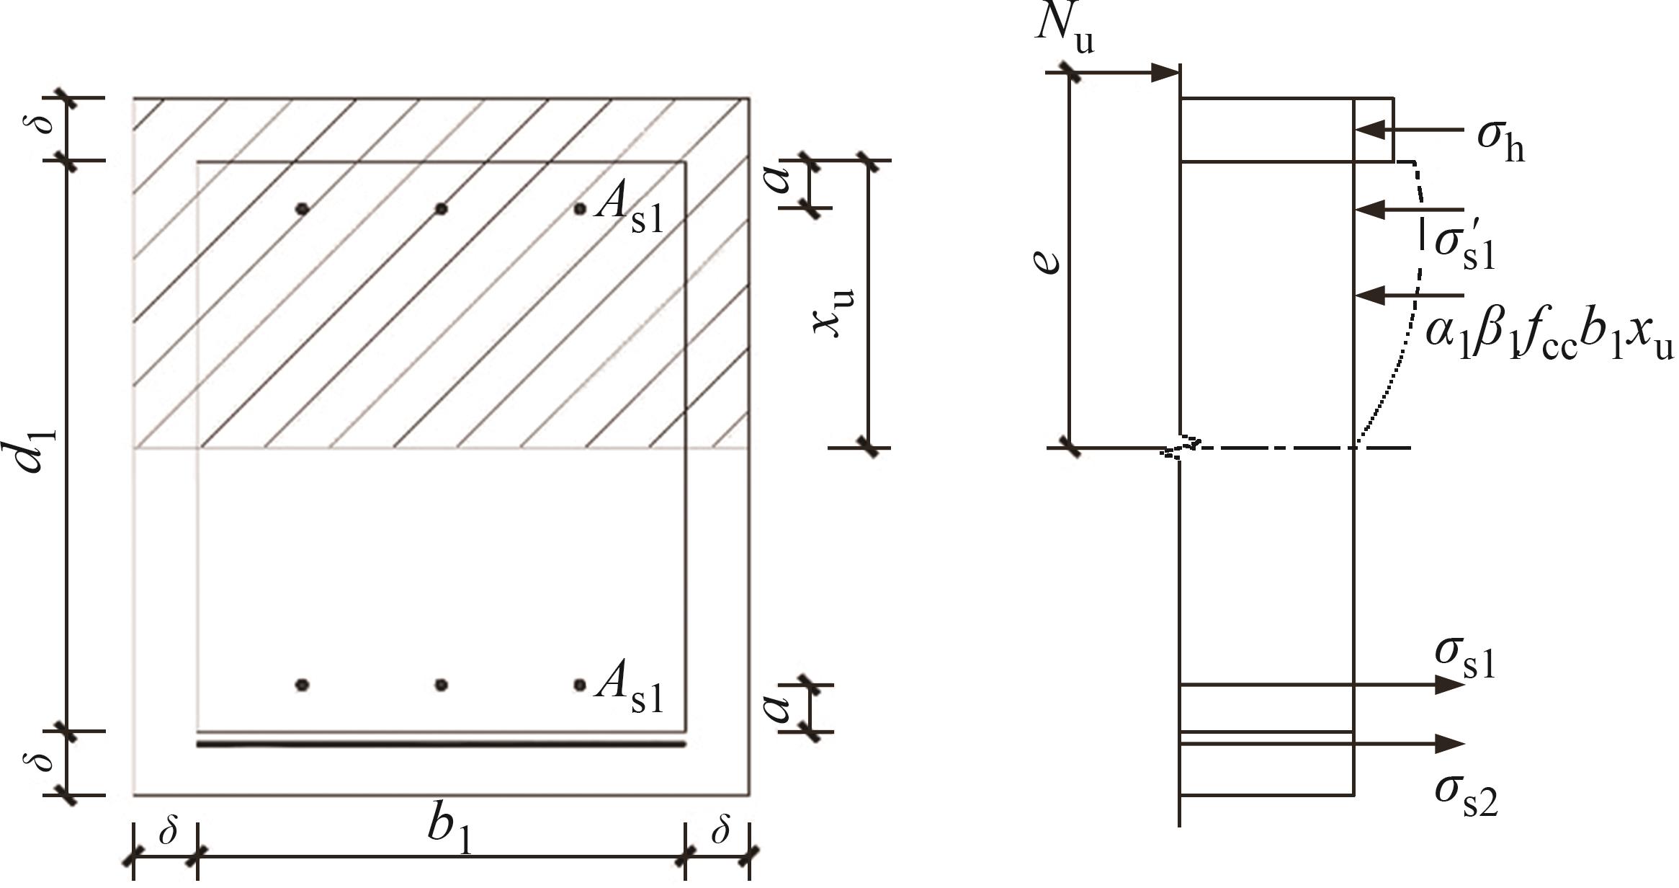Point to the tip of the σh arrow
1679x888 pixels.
tap(1356, 130)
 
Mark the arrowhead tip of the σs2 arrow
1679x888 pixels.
tap(1465, 744)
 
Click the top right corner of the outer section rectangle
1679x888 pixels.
tap(750, 97)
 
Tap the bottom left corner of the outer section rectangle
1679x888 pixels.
tap(133, 796)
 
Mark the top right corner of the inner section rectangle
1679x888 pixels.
tap(686, 161)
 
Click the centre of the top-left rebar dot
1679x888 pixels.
tap(303, 209)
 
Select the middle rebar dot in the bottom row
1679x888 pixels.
tap(442, 685)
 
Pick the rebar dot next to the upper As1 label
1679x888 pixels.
tap(580, 209)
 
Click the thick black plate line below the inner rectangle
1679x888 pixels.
tap(441, 744)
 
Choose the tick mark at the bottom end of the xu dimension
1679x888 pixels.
tap(869, 448)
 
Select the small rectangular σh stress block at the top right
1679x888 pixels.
tap(1374, 130)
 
